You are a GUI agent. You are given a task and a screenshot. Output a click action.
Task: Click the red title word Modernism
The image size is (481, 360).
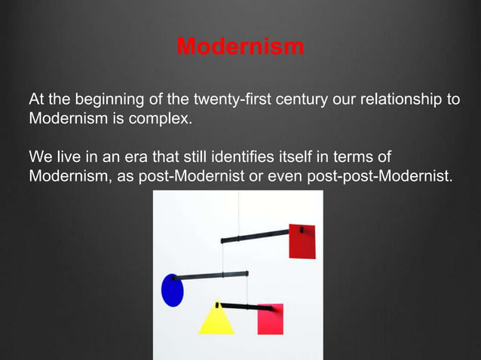coord(240,47)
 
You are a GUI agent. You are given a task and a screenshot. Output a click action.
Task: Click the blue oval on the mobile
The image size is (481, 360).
coord(173,290)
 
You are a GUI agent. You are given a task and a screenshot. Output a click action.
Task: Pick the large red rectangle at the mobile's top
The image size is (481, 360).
coord(302,241)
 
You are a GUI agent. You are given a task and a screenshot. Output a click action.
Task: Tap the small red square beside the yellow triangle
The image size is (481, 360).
coord(270,319)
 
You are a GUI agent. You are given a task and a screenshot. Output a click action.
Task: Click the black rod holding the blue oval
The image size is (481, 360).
coord(215,275)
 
